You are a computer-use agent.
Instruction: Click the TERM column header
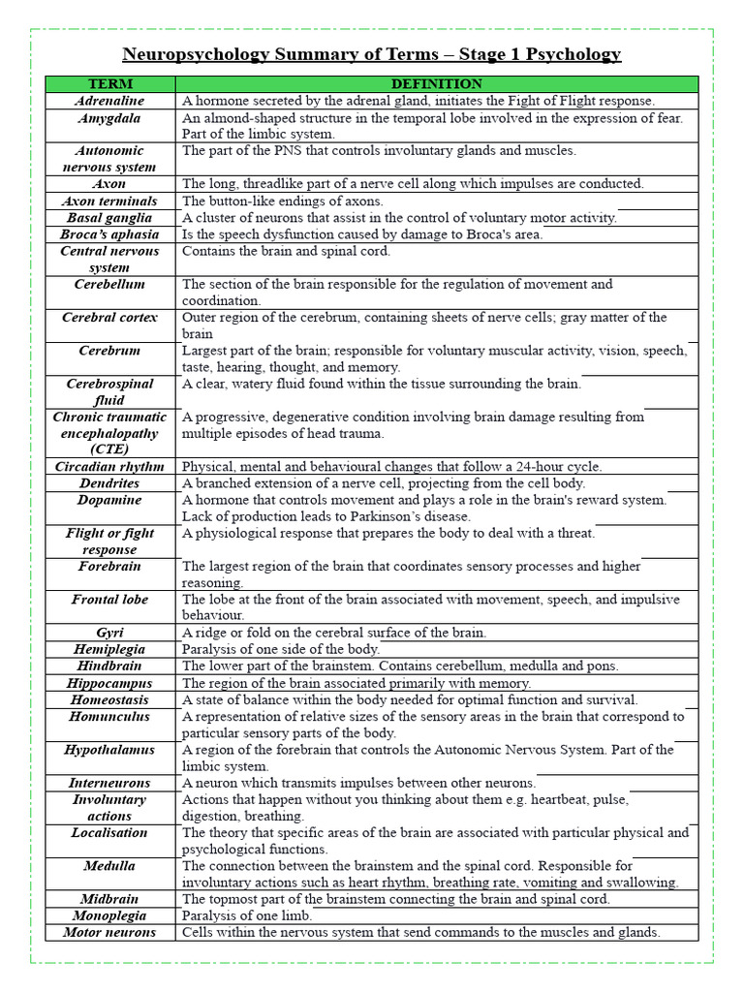coord(109,84)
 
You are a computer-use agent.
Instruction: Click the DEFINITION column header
coord(436,84)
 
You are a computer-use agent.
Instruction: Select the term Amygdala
coord(109,118)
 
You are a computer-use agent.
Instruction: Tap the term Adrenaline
coord(109,101)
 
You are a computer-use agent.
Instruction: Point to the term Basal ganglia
coord(109,218)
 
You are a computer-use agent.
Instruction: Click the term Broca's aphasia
coord(109,234)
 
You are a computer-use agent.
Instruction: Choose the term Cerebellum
coord(109,285)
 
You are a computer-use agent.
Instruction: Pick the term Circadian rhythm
coord(109,467)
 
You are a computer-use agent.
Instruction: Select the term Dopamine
coord(109,500)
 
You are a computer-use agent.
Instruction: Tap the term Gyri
coord(109,633)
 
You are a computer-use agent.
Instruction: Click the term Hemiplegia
coord(109,649)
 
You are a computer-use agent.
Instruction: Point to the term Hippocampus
coord(109,683)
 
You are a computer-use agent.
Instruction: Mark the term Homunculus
coord(109,717)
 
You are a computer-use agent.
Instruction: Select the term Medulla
coord(109,866)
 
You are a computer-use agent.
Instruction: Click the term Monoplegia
coord(109,915)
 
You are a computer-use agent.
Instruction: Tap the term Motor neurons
coord(109,932)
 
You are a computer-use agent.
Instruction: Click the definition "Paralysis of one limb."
coord(247,915)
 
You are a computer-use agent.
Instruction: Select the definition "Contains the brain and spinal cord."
coord(286,251)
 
